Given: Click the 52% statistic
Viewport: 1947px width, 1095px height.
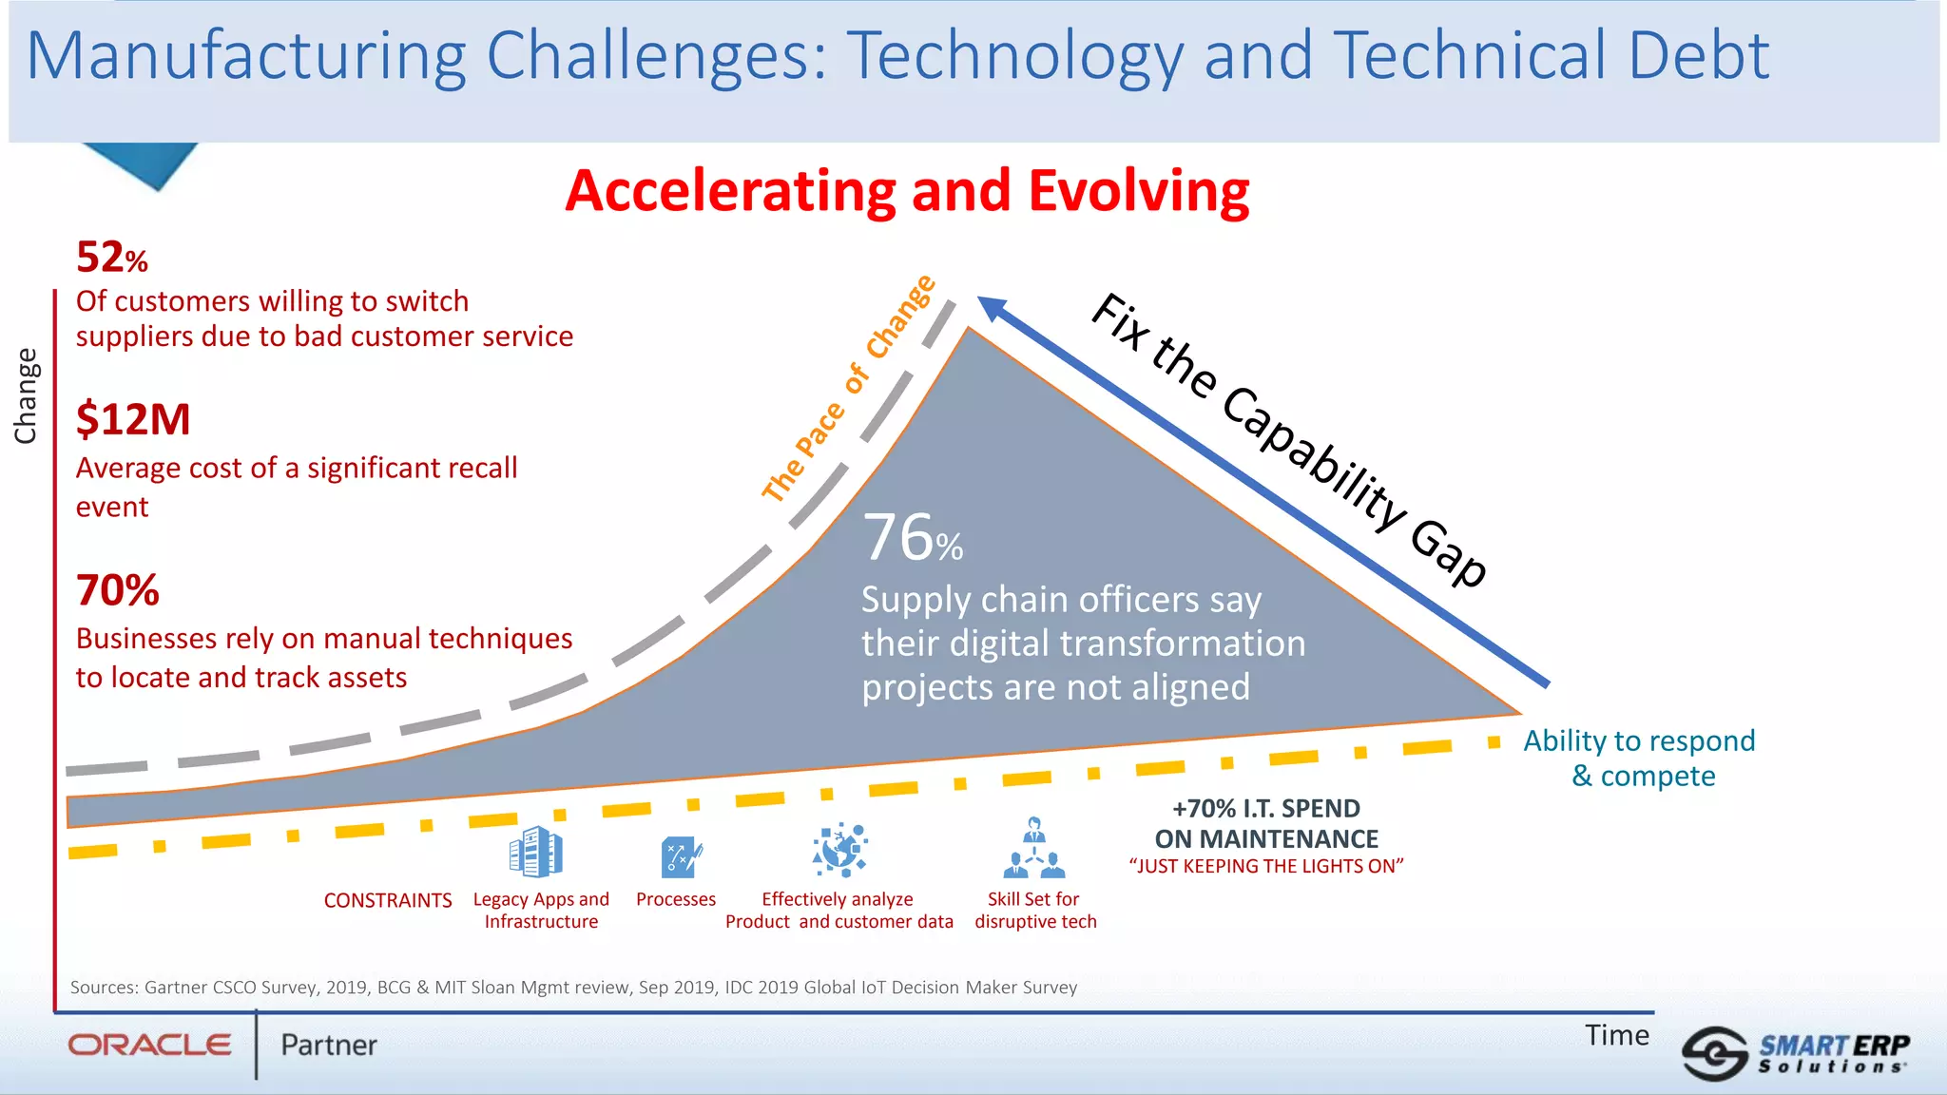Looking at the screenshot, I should click(111, 258).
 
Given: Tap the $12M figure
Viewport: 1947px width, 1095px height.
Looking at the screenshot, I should click(133, 419).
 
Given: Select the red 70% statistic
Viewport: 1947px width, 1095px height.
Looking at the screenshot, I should click(117, 590).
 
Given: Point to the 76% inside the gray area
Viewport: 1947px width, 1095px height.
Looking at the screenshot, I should click(912, 538).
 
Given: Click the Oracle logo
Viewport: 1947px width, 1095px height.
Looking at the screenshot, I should click(149, 1045).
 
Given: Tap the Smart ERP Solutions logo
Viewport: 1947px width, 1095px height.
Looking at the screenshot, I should click(1795, 1053).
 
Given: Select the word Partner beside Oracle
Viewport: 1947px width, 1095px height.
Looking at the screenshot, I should click(328, 1045).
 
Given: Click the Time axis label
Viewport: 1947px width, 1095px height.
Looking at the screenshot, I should click(1616, 1035).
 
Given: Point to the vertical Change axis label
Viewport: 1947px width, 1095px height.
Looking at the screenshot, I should click(26, 395).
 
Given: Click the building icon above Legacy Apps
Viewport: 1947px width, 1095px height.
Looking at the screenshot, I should click(536, 852).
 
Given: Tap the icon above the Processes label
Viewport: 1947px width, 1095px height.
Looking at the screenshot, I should click(681, 857).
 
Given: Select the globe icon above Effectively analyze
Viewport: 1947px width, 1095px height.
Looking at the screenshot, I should click(839, 849).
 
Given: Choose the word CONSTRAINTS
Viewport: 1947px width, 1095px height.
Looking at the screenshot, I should click(388, 900).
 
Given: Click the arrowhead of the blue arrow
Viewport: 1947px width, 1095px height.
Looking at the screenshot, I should click(991, 308).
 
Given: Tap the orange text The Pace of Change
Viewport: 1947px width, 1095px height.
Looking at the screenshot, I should click(848, 388).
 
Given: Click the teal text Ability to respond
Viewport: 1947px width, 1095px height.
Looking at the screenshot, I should click(1639, 740).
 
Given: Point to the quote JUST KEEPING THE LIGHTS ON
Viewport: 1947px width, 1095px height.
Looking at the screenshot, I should click(1265, 866).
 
